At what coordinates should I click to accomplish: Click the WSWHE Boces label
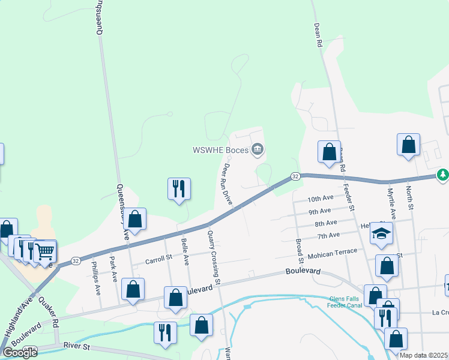pos(220,150)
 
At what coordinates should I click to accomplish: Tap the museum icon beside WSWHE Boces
pos(258,149)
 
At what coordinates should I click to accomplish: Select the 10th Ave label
pos(320,199)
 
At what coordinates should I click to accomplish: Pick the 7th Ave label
pos(329,235)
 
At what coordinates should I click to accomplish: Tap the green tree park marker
pos(443,175)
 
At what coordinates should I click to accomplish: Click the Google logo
pos(20,353)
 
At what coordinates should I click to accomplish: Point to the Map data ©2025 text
pos(423,355)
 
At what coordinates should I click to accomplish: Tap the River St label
pos(76,346)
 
